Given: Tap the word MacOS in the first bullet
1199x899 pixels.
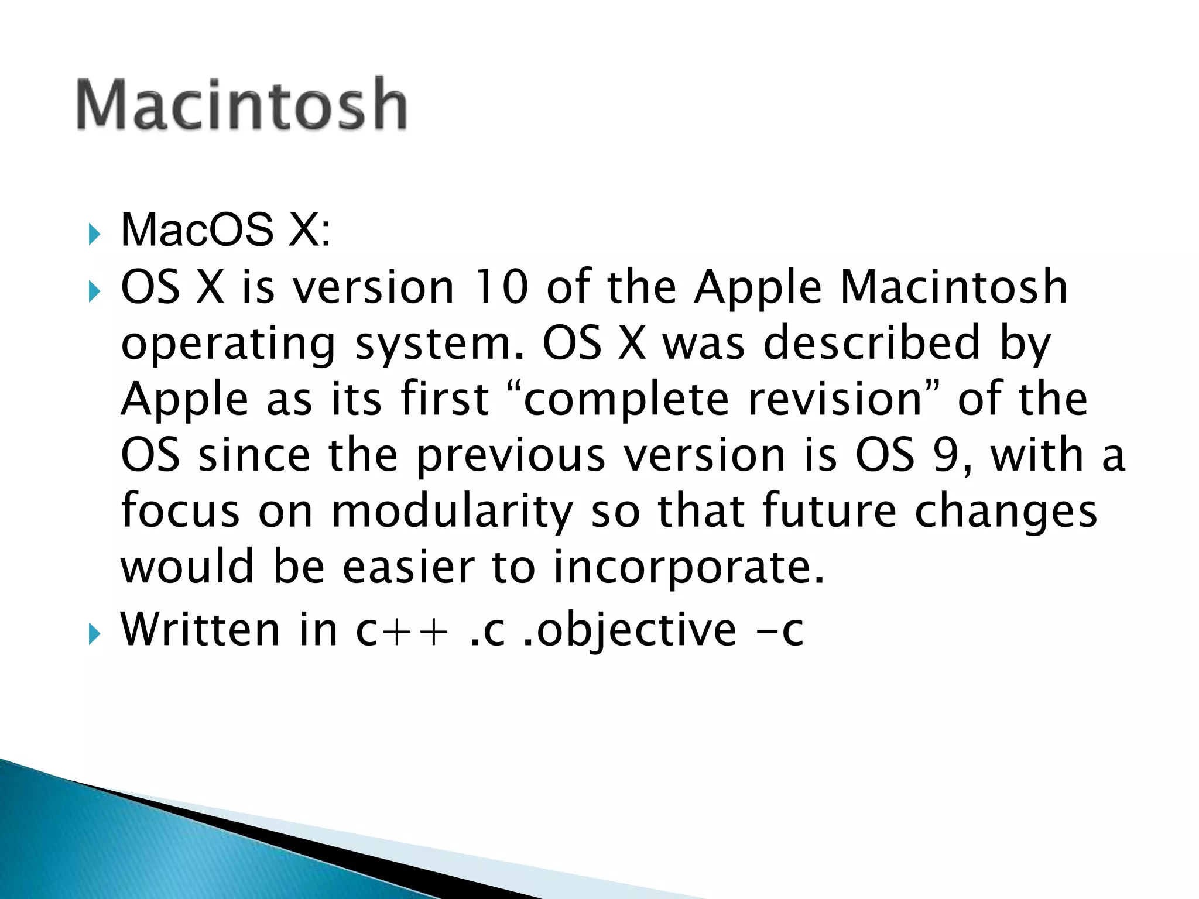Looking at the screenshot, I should [197, 230].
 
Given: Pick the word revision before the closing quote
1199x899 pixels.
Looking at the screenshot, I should [836, 399].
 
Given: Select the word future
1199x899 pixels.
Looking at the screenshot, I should [829, 511].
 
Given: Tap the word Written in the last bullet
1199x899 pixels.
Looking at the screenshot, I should [200, 630].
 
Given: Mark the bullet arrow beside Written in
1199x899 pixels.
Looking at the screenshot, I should [94, 634].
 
